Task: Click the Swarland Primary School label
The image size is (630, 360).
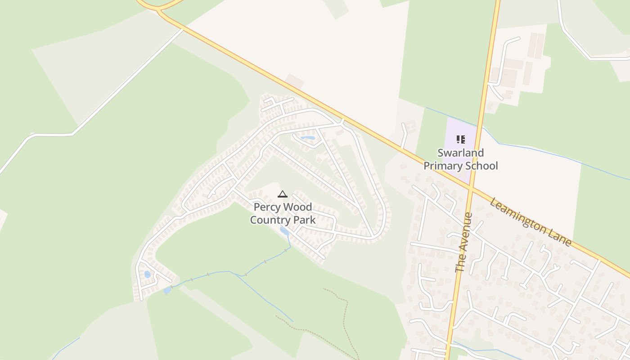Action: [x=461, y=159]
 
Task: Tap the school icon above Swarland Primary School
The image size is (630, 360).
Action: [x=460, y=139]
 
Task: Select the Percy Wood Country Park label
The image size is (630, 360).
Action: [x=283, y=214]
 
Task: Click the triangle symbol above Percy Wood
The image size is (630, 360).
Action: [x=283, y=194]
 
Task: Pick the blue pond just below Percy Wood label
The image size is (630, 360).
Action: [x=284, y=231]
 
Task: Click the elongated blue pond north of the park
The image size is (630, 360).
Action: [x=308, y=138]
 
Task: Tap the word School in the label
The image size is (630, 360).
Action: [x=483, y=166]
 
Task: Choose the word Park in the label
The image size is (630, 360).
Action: [x=305, y=220]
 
